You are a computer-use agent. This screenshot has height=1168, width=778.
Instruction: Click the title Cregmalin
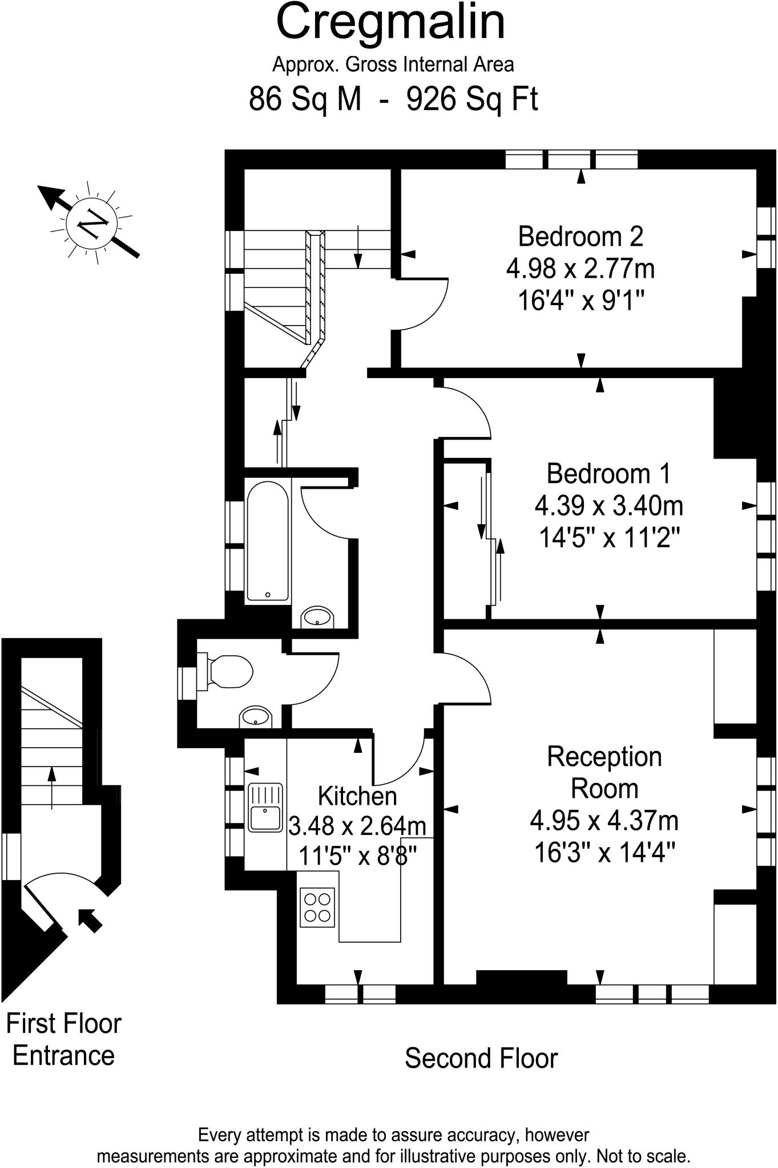(x=390, y=23)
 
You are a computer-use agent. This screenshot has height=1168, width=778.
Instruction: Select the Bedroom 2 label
(x=581, y=236)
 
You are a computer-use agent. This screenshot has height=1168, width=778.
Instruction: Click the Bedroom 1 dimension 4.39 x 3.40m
(x=608, y=505)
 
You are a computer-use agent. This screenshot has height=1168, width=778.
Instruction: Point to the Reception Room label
(x=604, y=773)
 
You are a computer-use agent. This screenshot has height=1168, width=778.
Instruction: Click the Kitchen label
(x=357, y=796)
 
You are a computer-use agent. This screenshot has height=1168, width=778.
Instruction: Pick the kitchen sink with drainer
(x=266, y=807)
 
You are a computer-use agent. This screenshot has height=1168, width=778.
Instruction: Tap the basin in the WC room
(x=255, y=717)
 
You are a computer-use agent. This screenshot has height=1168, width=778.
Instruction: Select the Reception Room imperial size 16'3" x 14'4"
(x=605, y=853)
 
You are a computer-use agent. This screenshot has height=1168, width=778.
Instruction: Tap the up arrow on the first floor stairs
(x=52, y=788)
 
